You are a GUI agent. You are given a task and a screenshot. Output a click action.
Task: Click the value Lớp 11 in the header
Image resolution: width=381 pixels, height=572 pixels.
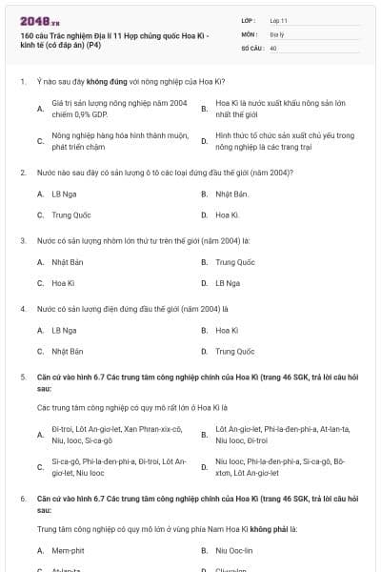pyautogui.click(x=277, y=19)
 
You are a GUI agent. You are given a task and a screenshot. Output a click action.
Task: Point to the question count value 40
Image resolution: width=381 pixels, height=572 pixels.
pyautogui.click(x=272, y=47)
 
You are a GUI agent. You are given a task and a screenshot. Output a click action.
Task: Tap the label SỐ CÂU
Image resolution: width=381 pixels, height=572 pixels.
pyautogui.click(x=251, y=47)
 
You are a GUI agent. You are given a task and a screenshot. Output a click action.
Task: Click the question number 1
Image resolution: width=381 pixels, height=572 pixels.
pyautogui.click(x=22, y=82)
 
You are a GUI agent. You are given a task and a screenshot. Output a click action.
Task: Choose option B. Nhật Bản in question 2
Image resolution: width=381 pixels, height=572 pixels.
pyautogui.click(x=226, y=194)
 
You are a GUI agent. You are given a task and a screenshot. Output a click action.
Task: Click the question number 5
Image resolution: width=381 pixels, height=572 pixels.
pyautogui.click(x=22, y=378)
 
